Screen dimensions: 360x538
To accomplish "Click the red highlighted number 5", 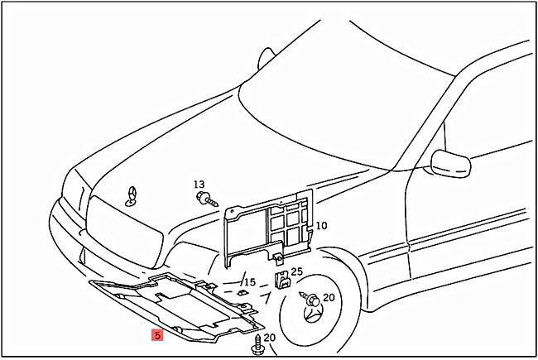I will [156, 335].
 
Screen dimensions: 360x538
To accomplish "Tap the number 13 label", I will [199, 184].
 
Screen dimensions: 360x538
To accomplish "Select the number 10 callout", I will [321, 225].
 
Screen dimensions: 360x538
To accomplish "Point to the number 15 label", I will [248, 282].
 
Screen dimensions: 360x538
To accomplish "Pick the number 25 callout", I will [296, 271].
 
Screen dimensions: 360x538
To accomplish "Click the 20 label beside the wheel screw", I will [329, 297].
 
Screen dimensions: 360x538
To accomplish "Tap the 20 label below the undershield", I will [269, 338].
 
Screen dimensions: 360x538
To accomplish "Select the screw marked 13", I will [205, 198].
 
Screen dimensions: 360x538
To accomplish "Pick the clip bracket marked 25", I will [281, 281].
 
